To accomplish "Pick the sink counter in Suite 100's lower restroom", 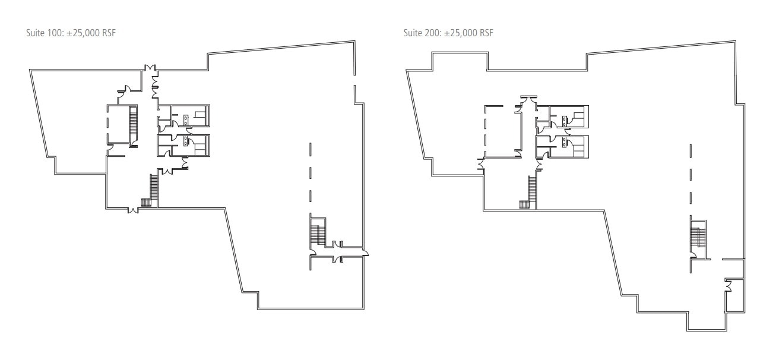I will click(x=186, y=141).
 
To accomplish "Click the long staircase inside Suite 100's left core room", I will click(x=133, y=125).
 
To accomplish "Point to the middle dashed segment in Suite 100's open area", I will click(x=310, y=172).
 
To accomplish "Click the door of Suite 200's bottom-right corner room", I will click(x=728, y=289).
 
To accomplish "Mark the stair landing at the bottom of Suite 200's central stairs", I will click(x=524, y=205).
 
